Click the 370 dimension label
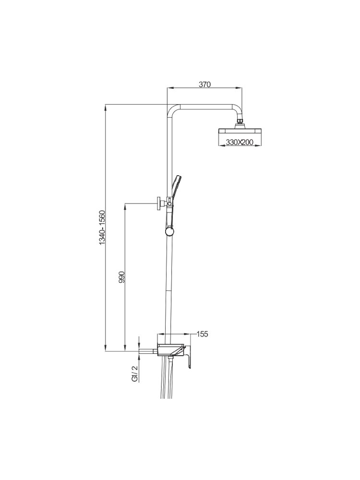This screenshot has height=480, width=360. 205,84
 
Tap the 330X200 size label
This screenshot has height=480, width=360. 240,143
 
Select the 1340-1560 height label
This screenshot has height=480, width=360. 102,227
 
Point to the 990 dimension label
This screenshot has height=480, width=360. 122,277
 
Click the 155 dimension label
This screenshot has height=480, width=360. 202,334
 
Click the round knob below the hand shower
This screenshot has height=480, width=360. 169,231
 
